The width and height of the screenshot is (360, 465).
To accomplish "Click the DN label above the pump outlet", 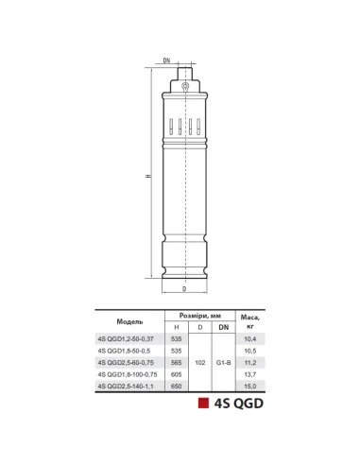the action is [x=166, y=60].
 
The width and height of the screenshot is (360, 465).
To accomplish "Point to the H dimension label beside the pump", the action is [x=148, y=176].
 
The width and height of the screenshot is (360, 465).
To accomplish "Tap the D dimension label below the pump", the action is [x=184, y=289].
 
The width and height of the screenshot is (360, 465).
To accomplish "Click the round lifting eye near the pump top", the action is [x=185, y=85].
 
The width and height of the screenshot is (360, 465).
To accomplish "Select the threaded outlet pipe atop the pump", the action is [x=185, y=74].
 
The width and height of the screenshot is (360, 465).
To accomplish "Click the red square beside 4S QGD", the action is [x=203, y=404].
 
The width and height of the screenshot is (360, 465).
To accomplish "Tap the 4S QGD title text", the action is [x=239, y=404].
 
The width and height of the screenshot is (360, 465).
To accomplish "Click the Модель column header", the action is [x=129, y=321].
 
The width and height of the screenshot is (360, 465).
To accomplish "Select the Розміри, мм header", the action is [x=200, y=316].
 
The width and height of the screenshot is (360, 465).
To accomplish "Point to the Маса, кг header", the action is [x=250, y=321].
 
